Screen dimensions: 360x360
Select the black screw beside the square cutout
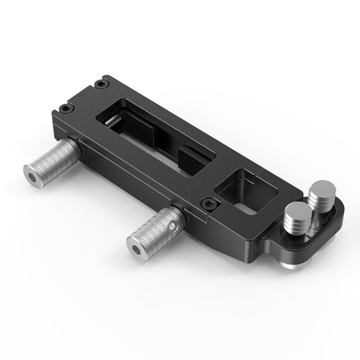208,203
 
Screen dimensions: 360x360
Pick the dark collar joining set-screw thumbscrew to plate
178,211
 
